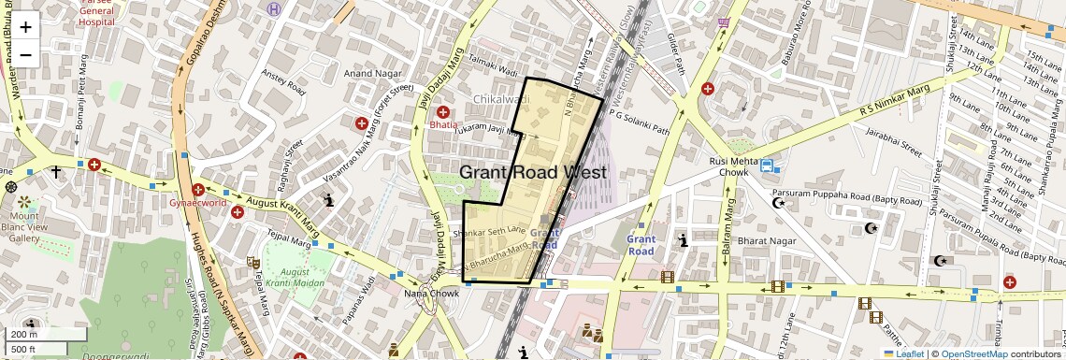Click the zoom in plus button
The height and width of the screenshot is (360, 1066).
tap(25, 26)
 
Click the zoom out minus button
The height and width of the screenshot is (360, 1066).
tap(25, 54)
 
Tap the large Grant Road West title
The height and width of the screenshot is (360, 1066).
tap(533, 172)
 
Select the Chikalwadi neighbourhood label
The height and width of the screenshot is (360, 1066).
tap(500, 99)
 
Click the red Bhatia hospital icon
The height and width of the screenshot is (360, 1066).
tap(442, 112)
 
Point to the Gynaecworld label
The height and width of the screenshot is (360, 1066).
tap(197, 202)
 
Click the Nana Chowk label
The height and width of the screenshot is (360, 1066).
tap(431, 294)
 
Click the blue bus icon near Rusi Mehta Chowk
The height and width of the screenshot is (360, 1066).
tap(767, 166)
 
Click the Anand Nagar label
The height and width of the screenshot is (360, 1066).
tap(372, 73)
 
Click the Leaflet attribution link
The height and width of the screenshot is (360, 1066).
tap(903, 353)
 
